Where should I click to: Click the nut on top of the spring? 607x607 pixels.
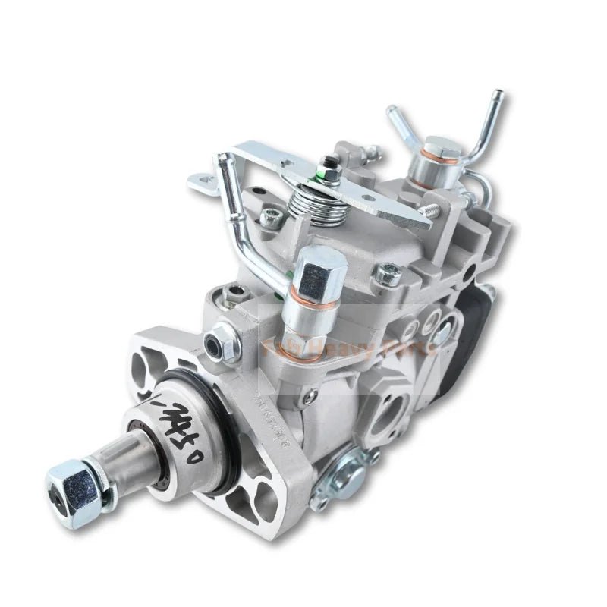[330, 163]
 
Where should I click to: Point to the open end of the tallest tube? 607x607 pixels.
[497, 94]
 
